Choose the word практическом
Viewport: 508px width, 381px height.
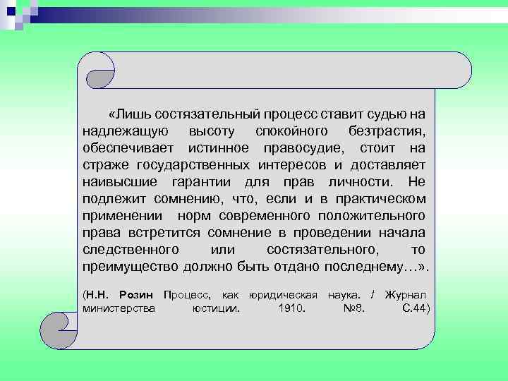(x=380, y=199)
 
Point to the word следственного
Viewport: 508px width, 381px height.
(x=131, y=250)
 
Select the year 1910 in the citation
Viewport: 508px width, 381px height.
(x=292, y=308)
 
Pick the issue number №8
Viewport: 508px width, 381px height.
(x=353, y=308)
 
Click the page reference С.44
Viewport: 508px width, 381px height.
(x=414, y=308)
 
